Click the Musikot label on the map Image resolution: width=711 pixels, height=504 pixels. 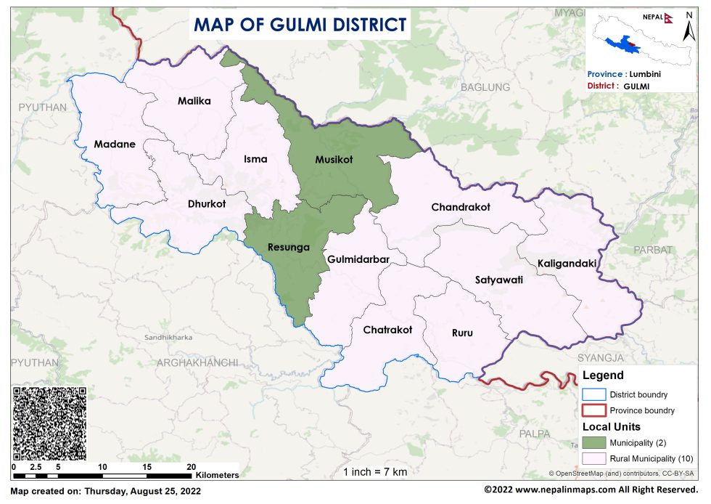point(334,159)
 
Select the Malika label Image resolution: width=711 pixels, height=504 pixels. point(194,101)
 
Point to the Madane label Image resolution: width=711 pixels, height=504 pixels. point(115,144)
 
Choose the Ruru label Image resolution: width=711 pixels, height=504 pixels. point(462,333)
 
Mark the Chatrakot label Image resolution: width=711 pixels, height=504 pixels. point(387,330)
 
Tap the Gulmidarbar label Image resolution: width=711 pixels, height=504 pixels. point(358,259)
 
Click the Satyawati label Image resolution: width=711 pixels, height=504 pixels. point(499,279)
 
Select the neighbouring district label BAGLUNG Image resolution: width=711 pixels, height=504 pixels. point(490,87)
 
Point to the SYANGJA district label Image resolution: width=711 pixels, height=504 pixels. point(601,358)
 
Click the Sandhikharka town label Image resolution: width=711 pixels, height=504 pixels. point(169,338)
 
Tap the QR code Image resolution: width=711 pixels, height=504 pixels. point(49,423)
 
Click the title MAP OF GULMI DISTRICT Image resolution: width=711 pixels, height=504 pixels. point(300,25)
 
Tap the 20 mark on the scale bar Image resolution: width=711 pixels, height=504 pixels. point(192,466)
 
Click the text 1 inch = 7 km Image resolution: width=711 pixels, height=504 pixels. point(375,472)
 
